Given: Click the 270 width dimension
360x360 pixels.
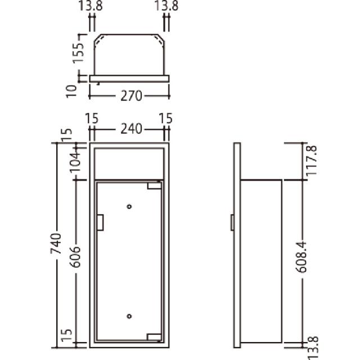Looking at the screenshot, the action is (x=131, y=96).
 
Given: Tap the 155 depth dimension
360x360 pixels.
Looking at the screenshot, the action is (x=78, y=52).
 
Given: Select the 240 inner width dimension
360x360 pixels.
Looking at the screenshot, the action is (x=131, y=129).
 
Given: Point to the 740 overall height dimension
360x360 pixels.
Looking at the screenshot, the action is (x=56, y=244).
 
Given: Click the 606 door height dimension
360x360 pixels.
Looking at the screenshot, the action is (x=75, y=257).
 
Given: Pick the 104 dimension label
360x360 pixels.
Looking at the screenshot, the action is (x=75, y=163).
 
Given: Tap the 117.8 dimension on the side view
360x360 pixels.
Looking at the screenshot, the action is (x=312, y=160).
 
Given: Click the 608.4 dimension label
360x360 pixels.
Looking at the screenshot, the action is (x=301, y=257).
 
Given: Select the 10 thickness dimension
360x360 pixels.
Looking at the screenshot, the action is (x=71, y=92).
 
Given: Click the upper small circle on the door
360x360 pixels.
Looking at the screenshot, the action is (x=129, y=206).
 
